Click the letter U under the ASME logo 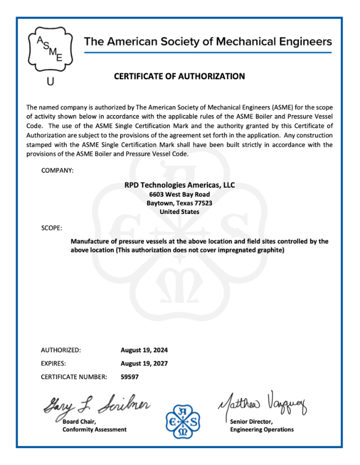click(50, 81)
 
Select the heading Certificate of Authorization click(179, 76)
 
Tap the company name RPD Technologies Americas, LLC click(179, 185)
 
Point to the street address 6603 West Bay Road click(179, 194)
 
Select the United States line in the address click(179, 212)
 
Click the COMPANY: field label click(57, 170)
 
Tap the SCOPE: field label click(52, 228)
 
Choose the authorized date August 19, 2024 click(144, 350)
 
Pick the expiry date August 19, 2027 click(144, 363)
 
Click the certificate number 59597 click(129, 376)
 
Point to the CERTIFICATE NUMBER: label click(74, 376)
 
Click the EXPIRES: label click(54, 363)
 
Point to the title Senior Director click(250, 421)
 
